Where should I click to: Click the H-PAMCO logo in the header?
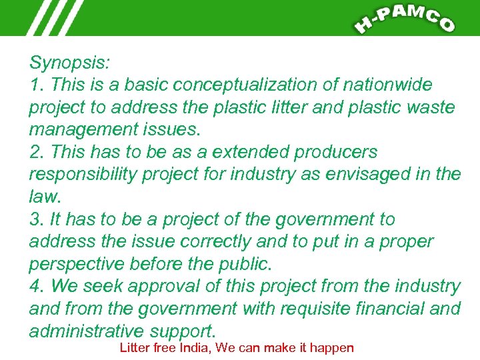[x=404, y=18]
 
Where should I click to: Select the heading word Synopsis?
[x=69, y=63]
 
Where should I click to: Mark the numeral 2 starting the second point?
[x=35, y=152]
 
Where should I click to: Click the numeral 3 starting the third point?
[x=35, y=219]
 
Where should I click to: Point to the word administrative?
[x=86, y=331]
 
